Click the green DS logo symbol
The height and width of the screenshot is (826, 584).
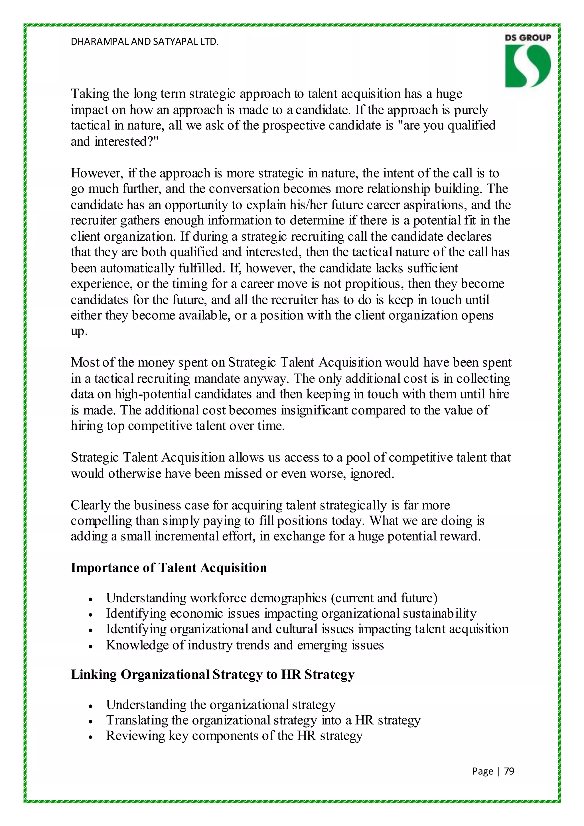point(528,66)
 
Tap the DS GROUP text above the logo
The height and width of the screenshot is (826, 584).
point(528,38)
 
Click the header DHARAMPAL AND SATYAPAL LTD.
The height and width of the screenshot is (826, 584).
point(145,42)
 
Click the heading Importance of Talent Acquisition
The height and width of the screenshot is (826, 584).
point(169,568)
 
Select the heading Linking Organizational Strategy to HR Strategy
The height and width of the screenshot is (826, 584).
point(212,674)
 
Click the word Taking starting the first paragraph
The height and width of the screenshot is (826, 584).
point(90,94)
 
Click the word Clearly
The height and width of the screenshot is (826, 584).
point(90,505)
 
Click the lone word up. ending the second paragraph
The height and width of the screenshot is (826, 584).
point(79,332)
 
